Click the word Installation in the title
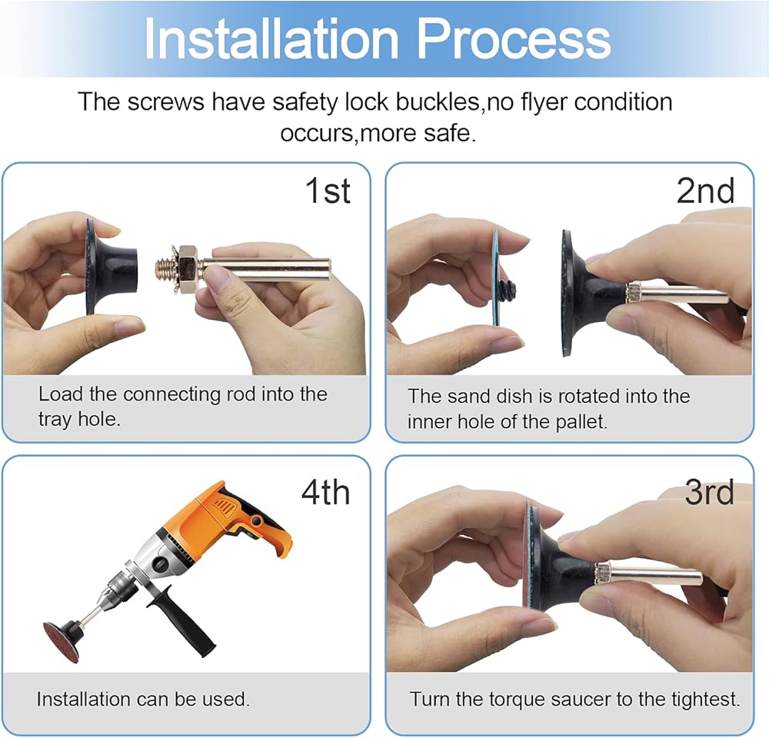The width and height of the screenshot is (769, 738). click(271, 38)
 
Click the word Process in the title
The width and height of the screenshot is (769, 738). click(514, 38)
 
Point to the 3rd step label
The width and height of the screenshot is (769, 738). click(709, 492)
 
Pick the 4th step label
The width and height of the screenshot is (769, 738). click(325, 492)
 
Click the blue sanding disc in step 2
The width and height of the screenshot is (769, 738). click(496, 278)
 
